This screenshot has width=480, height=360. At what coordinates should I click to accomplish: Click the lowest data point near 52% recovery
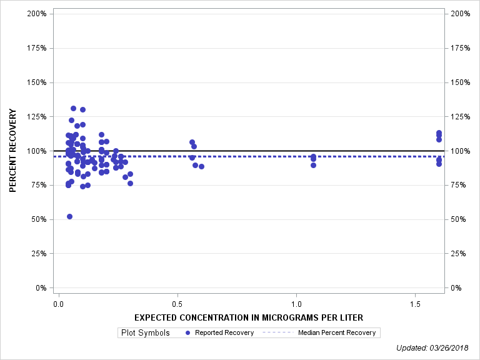(69, 216)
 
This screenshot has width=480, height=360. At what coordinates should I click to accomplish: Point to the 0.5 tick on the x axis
(177, 303)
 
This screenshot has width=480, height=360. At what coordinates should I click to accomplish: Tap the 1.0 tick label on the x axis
(296, 303)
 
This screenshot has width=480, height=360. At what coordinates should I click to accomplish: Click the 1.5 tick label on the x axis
(415, 303)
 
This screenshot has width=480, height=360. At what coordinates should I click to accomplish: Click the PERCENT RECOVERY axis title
(12, 151)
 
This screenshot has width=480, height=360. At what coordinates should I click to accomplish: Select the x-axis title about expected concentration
(249, 317)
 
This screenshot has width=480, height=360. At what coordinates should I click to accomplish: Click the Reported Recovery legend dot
(188, 332)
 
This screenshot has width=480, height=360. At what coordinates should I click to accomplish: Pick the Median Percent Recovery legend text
(337, 332)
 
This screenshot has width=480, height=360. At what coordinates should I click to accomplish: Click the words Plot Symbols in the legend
(144, 332)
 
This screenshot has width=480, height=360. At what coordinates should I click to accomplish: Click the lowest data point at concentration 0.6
(201, 166)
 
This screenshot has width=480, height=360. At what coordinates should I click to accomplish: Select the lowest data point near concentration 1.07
(313, 165)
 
